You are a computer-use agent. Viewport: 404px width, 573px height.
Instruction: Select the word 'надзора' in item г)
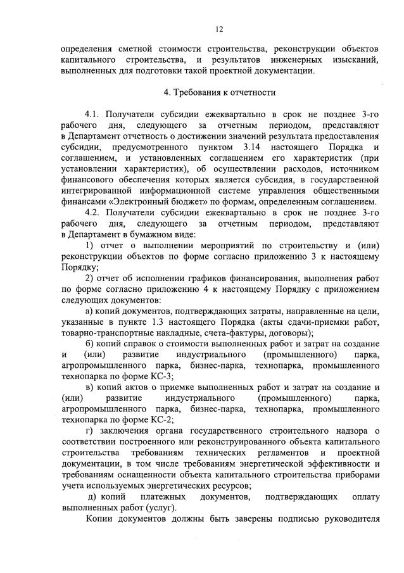(x=346, y=432)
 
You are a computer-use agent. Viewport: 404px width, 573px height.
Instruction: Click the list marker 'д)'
(x=92, y=497)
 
